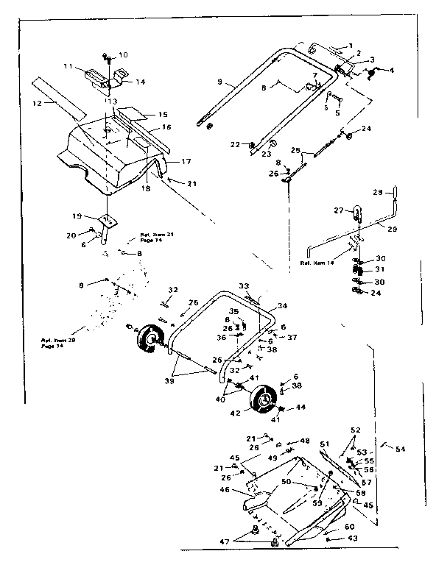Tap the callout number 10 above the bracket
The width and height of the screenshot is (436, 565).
(122, 54)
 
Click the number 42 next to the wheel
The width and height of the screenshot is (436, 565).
(236, 413)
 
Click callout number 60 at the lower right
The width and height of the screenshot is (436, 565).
(350, 526)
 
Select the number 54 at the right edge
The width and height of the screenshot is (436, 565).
(400, 449)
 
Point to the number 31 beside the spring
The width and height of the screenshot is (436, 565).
(381, 270)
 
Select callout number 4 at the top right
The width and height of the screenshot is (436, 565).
(392, 71)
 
